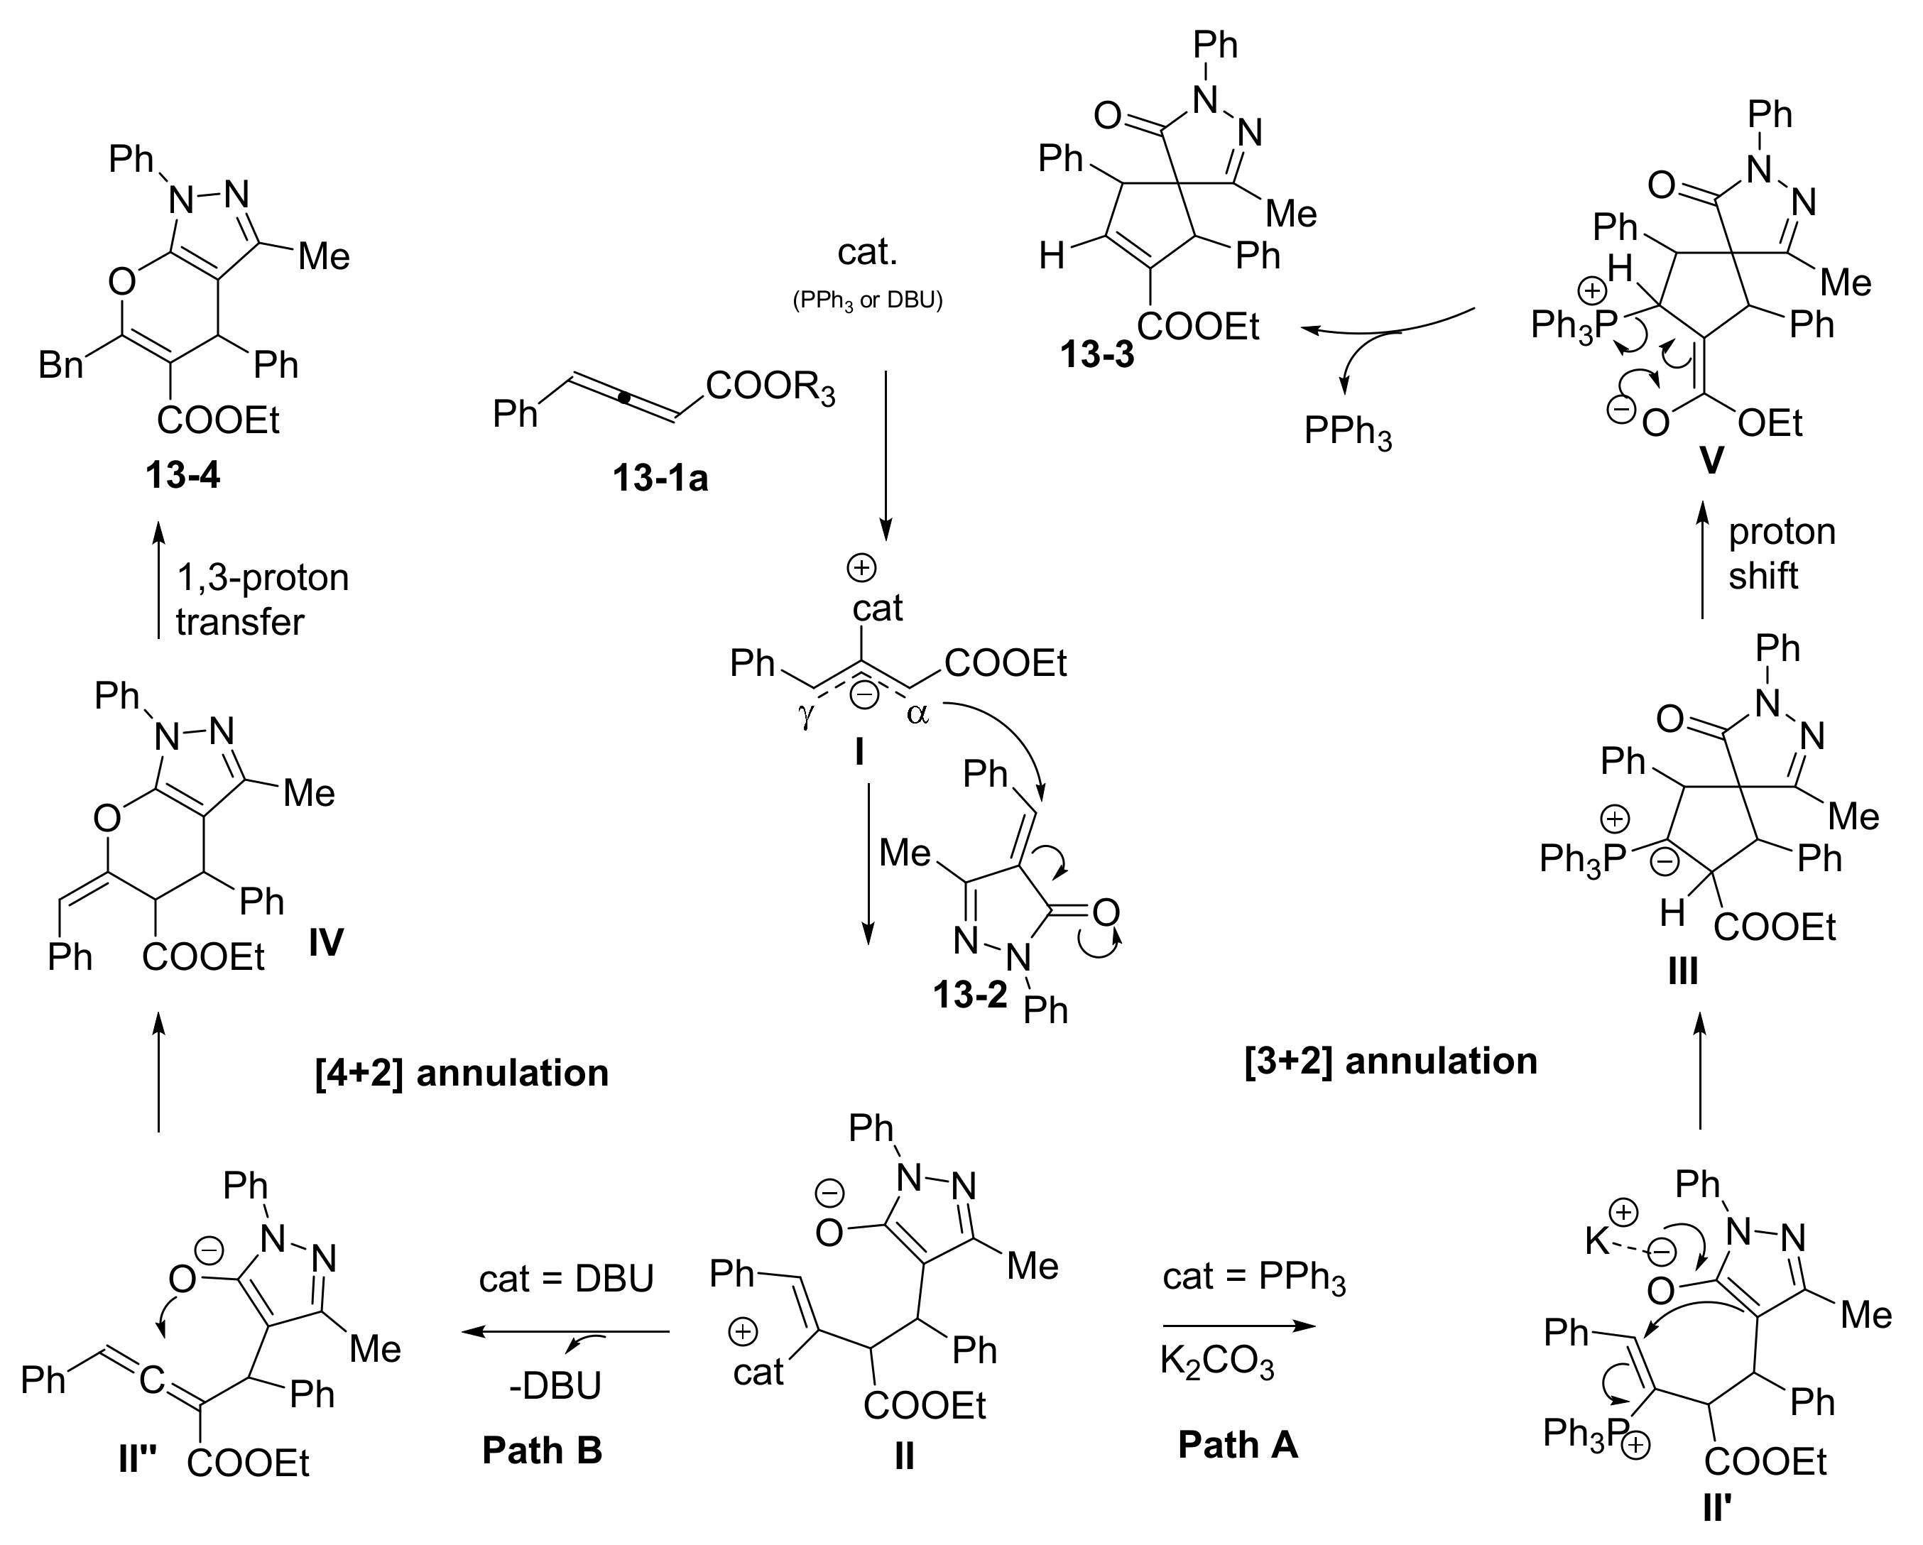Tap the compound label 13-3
tap(1096, 355)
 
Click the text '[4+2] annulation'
tap(462, 1072)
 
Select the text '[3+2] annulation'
tap(1390, 1061)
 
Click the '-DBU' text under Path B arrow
tap(555, 1385)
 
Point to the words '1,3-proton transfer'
tap(261, 599)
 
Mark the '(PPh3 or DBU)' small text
tap(867, 300)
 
